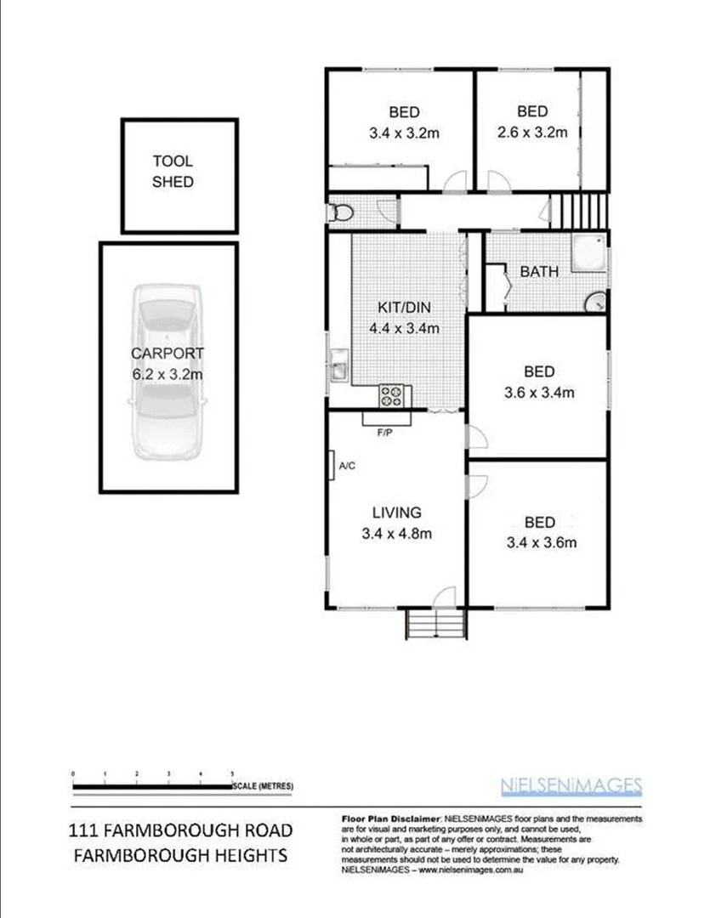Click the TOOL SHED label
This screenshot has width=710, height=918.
(173, 171)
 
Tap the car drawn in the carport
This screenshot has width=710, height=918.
(168, 370)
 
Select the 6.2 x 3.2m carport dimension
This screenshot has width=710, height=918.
(168, 374)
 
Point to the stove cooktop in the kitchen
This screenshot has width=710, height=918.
(393, 394)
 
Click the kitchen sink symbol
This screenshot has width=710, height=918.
(338, 366)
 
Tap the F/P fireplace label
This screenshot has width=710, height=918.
(386, 433)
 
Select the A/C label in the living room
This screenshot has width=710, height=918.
(347, 466)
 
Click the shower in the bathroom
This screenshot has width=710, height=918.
(588, 252)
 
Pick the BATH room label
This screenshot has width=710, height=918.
(539, 272)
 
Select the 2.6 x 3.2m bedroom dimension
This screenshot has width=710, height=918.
(532, 133)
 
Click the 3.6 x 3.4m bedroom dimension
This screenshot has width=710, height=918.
(539, 393)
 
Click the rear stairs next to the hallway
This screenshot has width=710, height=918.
(582, 209)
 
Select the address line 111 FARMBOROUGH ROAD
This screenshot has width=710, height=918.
(180, 830)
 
